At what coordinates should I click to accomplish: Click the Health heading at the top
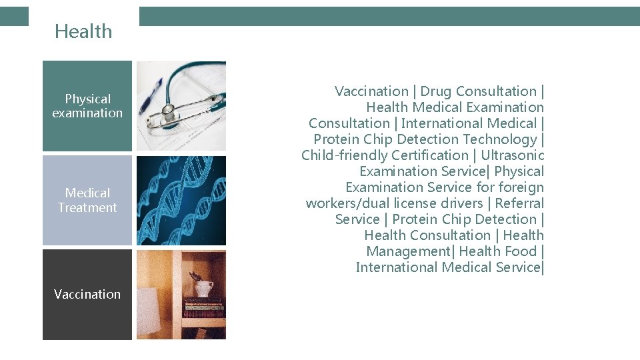(x=83, y=31)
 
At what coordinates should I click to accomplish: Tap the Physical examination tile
(x=87, y=106)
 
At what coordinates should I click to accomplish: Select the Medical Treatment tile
(x=87, y=200)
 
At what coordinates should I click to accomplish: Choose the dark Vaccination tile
(x=87, y=294)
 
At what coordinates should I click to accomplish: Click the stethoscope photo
(x=181, y=106)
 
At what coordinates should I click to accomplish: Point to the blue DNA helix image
(x=181, y=200)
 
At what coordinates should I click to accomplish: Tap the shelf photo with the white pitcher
(x=181, y=294)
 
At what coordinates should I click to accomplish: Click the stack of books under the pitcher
(x=203, y=307)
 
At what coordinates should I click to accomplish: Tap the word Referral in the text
(x=519, y=203)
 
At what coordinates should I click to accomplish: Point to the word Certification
(x=430, y=155)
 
